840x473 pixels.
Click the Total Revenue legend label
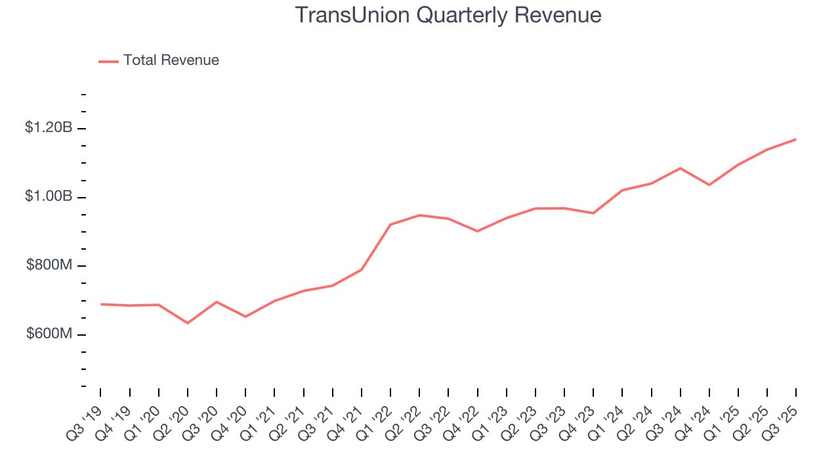(171, 60)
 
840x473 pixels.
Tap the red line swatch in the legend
(108, 61)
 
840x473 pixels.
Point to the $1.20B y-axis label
(49, 128)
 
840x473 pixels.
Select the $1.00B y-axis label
(49, 197)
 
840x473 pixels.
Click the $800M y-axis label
(49, 265)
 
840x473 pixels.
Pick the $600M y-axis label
(49, 334)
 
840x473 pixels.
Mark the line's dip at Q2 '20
(188, 323)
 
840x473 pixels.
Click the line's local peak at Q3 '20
(217, 302)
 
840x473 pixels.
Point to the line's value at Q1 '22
(390, 225)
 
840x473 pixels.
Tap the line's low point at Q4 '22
(477, 231)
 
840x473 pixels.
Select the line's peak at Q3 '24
(680, 168)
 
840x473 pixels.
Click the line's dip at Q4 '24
(709, 185)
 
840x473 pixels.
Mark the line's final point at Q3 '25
(795, 139)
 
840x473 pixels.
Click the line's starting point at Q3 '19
(101, 304)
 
